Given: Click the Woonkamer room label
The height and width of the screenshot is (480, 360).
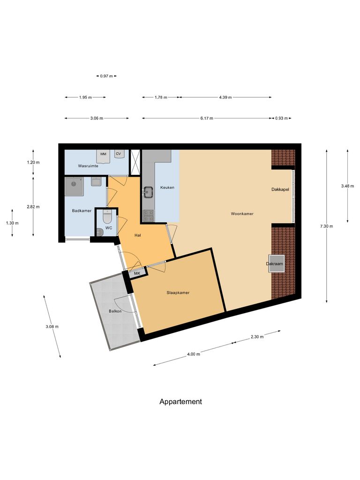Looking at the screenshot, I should (x=242, y=214).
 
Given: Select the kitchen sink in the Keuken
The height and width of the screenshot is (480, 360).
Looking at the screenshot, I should (x=149, y=191).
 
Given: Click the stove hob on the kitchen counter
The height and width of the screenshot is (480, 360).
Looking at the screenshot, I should (x=149, y=215).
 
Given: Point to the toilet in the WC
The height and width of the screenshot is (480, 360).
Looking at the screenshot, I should (x=106, y=217).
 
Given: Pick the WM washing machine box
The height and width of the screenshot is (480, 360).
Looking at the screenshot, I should (x=103, y=154).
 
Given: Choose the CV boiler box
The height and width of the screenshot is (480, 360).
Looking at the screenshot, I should (x=118, y=154).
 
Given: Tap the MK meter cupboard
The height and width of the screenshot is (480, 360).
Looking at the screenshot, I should (x=137, y=273).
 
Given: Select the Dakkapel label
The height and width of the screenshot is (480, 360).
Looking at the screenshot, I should (x=280, y=190).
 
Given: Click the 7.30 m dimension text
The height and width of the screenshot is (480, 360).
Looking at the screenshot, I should (x=326, y=226).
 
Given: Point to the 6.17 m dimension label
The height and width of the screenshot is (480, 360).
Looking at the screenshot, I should (x=206, y=119).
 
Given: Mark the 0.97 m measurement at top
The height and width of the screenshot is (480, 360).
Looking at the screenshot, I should (x=106, y=75).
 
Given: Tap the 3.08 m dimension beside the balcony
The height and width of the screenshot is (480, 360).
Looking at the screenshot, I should (x=52, y=327).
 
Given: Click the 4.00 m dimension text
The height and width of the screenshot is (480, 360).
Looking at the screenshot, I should (x=194, y=354).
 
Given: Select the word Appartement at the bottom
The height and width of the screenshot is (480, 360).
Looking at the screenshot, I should (x=180, y=402).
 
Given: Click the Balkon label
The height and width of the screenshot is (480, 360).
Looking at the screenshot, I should (x=115, y=311).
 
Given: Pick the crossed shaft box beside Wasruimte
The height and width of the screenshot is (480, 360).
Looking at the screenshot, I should (x=135, y=162).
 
